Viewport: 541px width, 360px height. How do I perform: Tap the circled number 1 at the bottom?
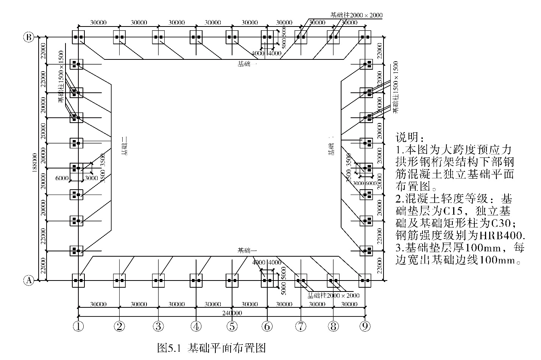point(78,326)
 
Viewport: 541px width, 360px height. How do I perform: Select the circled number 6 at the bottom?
point(267,326)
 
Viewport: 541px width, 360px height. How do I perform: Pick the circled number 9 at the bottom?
point(365,326)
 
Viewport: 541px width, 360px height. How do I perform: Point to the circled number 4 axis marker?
point(196,326)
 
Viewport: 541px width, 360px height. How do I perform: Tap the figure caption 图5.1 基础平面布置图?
point(211,348)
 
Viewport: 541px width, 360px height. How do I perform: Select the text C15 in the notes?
point(451,210)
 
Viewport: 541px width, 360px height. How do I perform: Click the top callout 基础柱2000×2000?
point(356,16)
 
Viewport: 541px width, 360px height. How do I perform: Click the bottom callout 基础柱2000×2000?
point(333,296)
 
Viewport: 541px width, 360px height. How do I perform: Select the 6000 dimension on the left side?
point(62,178)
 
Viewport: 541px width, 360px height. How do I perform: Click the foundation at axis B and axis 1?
point(78,37)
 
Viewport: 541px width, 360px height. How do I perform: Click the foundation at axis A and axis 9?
point(365,281)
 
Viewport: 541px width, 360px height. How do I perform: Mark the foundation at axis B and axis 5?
point(232,37)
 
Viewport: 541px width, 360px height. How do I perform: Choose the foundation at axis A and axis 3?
point(158,281)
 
